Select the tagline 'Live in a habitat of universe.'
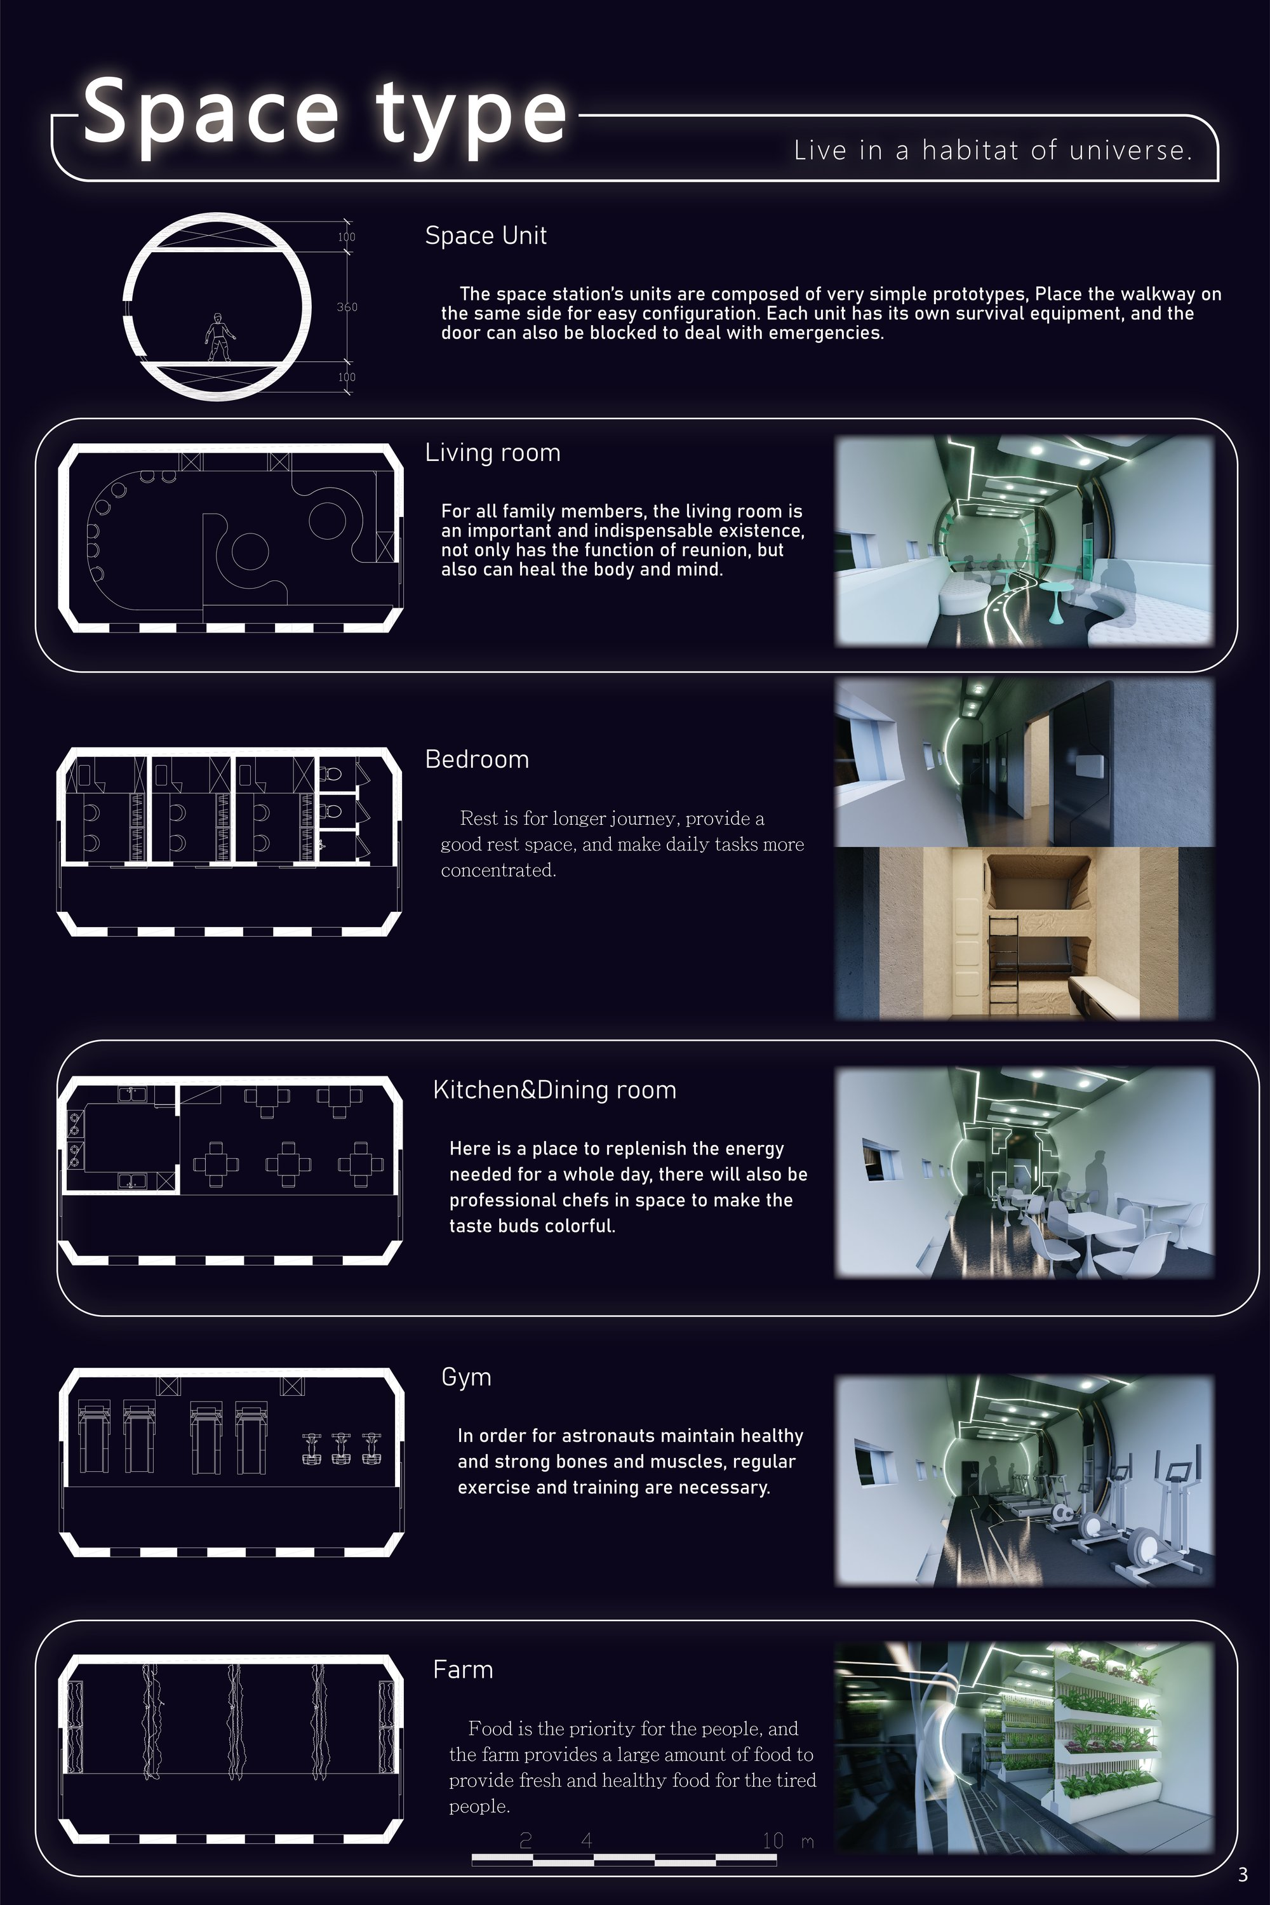992,150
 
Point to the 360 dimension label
347,307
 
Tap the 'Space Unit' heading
486,236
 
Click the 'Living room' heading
493,453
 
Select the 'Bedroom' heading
477,759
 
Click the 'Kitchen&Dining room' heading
555,1090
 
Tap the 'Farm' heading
462,1669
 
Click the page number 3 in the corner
1243,1875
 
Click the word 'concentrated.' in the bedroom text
498,871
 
